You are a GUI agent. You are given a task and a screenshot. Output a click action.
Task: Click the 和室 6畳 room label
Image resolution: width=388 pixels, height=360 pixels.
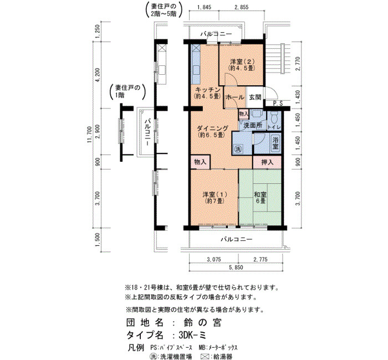(x=261, y=197)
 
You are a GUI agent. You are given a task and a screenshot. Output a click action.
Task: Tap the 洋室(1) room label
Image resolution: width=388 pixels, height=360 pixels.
(x=215, y=197)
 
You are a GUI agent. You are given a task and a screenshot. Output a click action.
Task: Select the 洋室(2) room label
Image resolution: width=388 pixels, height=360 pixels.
(x=242, y=64)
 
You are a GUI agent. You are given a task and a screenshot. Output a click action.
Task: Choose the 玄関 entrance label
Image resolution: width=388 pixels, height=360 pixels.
(x=255, y=97)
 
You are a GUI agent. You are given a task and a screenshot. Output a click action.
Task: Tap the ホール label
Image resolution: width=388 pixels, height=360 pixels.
(x=235, y=97)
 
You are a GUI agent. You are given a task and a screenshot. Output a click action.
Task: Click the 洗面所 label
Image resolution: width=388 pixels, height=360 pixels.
(x=253, y=125)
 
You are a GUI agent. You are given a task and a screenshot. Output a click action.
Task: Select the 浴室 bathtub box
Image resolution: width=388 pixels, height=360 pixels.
(x=275, y=143)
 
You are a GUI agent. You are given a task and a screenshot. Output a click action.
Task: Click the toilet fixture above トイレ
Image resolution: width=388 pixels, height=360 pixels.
(x=274, y=117)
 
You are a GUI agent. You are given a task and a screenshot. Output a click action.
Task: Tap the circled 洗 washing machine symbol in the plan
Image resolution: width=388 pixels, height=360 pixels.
(x=238, y=149)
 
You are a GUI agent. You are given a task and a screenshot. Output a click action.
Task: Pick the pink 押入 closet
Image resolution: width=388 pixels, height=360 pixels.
(x=267, y=162)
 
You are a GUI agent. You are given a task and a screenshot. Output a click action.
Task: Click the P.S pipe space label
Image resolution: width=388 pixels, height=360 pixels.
(x=278, y=104)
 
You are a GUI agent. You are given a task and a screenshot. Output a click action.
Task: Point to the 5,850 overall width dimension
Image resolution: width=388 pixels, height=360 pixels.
(x=236, y=268)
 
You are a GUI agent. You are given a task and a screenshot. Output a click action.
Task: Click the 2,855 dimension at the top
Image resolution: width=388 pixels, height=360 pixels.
(x=241, y=7)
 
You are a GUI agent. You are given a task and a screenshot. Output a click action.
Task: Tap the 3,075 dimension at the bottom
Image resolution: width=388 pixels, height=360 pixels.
(x=214, y=259)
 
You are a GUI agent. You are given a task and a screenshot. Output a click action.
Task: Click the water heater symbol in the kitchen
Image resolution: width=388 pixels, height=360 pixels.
(x=195, y=48)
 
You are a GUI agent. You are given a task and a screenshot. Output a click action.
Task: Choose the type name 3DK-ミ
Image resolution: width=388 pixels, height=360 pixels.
(x=192, y=335)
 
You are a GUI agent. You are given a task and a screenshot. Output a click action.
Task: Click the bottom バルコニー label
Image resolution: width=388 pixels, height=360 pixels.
(x=237, y=239)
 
